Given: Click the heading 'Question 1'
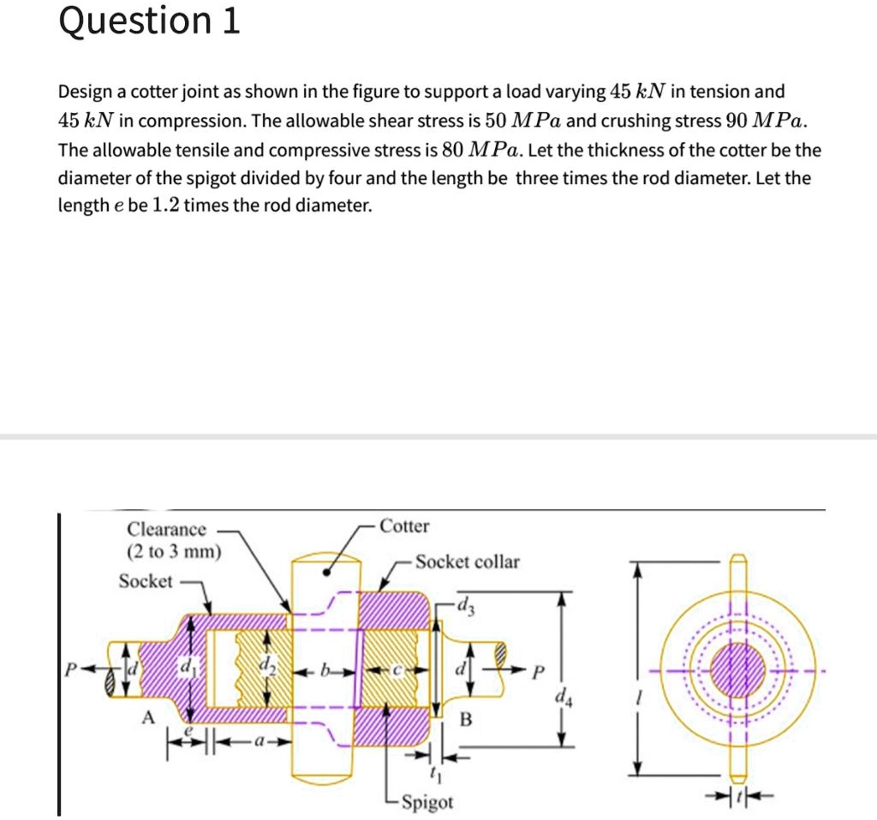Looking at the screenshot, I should tap(149, 22).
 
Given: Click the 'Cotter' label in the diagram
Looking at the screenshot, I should tap(404, 526).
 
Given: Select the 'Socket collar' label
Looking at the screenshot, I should tap(468, 562).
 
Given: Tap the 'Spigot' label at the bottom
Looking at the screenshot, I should tap(427, 802).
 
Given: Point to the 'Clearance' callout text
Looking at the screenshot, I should tap(166, 529).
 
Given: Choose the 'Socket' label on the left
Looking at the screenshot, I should tap(145, 581).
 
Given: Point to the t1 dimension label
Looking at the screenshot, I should tap(437, 776).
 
